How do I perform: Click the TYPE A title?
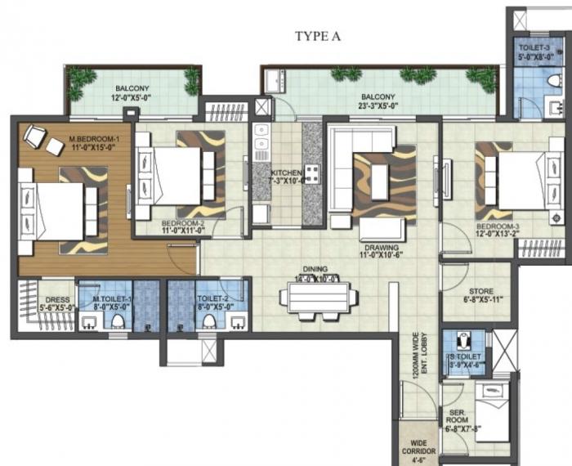[x=318, y=36]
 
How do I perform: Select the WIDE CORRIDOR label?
[x=418, y=450]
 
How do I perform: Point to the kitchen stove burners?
[x=311, y=174]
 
